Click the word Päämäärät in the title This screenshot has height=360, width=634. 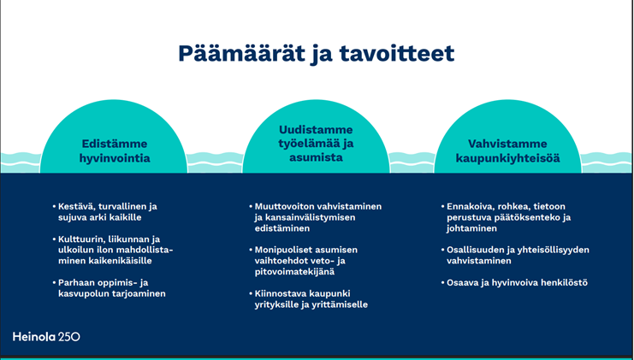[x=238, y=53]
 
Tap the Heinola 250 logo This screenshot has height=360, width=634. [x=46, y=337]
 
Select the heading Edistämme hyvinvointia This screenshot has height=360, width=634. [x=114, y=151]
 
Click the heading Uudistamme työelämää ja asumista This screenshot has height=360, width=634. [x=316, y=144]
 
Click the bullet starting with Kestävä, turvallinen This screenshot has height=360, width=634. [x=107, y=212]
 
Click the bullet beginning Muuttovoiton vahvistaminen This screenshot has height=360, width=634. [x=317, y=212]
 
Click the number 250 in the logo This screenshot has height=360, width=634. [x=68, y=337]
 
